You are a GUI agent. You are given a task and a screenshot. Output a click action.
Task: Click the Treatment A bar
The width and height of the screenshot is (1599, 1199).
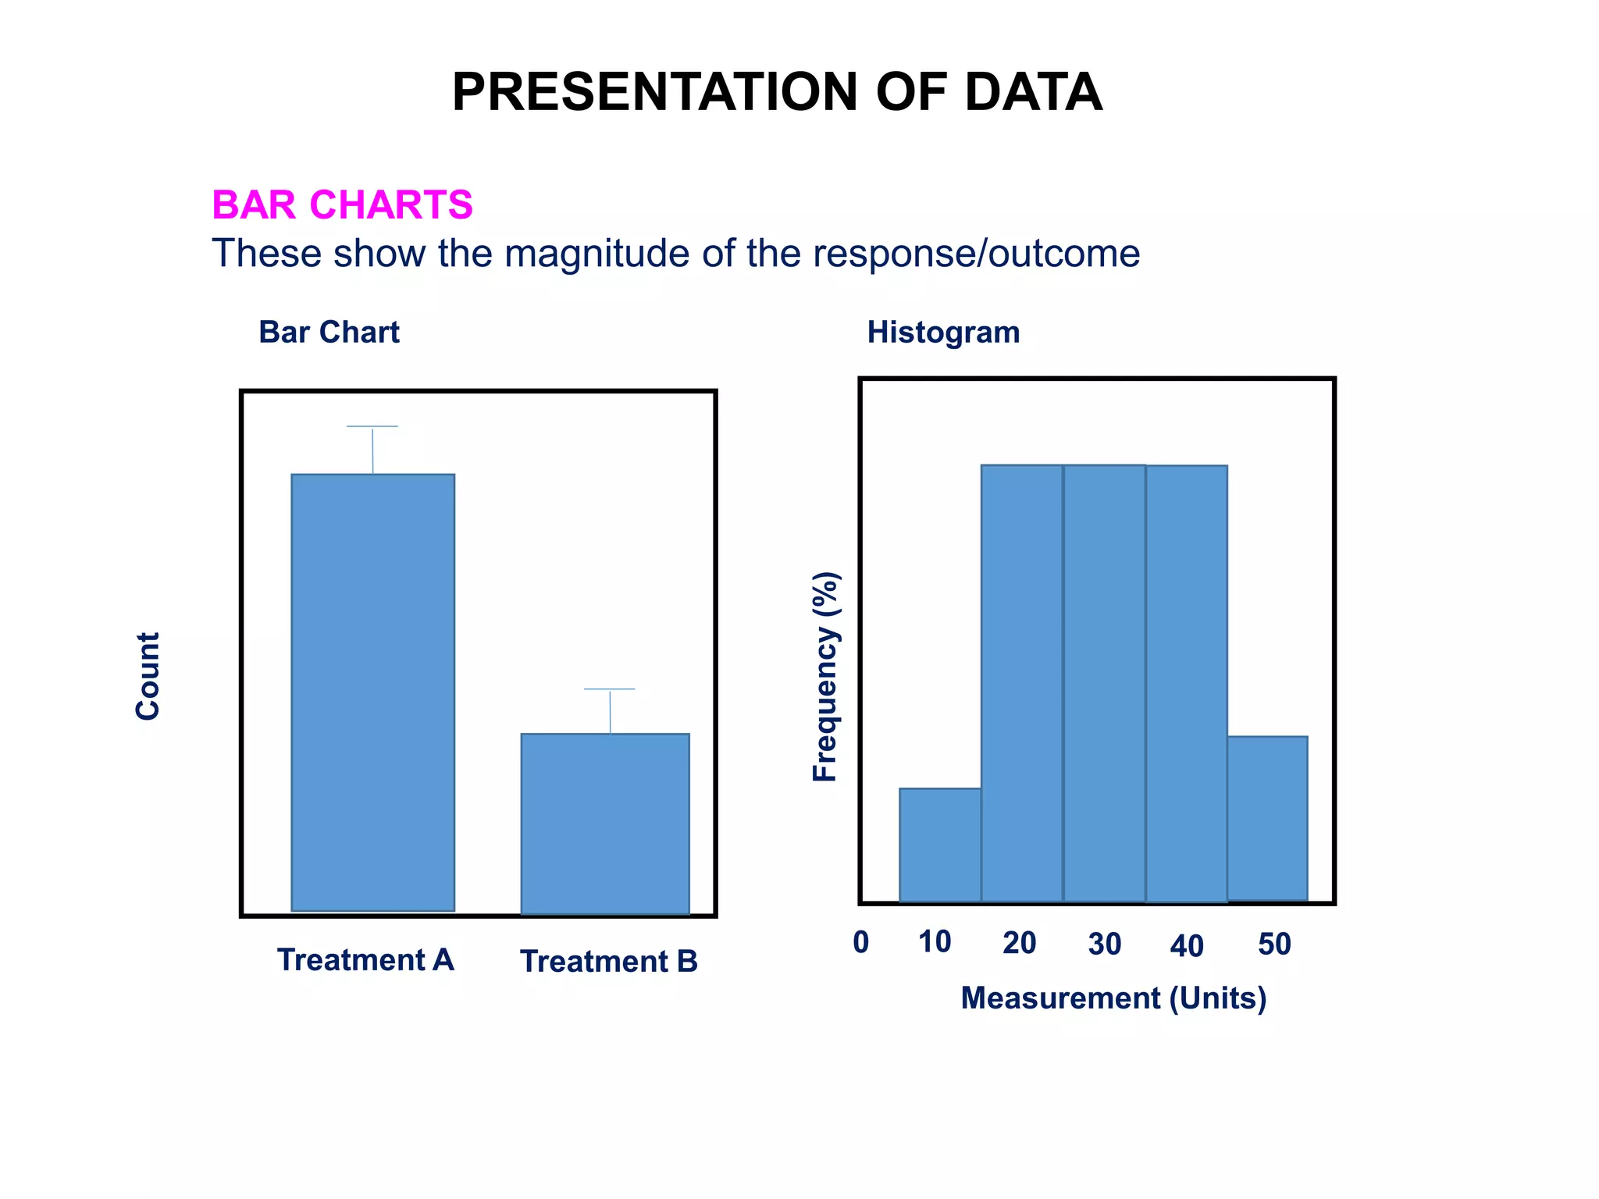372,692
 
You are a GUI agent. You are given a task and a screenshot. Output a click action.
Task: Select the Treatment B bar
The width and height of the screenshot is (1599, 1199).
605,824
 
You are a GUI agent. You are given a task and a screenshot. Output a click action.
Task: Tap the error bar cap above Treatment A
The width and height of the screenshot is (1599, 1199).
372,426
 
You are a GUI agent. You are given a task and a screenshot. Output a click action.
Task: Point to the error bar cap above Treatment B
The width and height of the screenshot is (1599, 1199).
610,689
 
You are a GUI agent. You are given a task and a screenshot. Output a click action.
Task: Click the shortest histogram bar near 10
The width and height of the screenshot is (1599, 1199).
940,845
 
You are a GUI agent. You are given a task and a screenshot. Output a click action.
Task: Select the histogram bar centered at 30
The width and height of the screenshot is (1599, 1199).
1104,683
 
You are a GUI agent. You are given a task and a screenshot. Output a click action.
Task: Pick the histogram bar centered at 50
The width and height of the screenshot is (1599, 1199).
1267,818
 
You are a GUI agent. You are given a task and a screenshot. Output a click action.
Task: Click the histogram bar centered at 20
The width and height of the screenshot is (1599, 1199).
1021,683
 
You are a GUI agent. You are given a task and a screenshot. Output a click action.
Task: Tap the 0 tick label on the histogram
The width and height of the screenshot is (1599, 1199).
861,942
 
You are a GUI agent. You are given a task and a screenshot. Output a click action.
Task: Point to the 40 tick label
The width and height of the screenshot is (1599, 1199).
1186,946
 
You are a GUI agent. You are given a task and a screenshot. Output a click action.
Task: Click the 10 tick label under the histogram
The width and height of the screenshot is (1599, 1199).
935,942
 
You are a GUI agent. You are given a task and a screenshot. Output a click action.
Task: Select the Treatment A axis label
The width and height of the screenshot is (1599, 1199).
365,959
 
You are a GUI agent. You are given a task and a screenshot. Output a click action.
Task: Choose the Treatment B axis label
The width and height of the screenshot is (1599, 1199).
609,961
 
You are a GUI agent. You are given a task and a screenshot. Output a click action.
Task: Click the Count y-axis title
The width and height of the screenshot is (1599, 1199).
148,676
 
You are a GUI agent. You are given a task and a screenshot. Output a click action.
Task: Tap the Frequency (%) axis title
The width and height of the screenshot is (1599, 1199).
825,677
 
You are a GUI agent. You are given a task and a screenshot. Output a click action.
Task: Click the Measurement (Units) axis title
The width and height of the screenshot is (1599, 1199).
1113,998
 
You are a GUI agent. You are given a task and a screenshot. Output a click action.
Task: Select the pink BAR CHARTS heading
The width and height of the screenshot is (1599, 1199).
342,205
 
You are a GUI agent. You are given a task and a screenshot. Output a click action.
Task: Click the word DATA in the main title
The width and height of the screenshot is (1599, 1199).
1033,92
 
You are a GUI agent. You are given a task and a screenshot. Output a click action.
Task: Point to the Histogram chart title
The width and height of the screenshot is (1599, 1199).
943,333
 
